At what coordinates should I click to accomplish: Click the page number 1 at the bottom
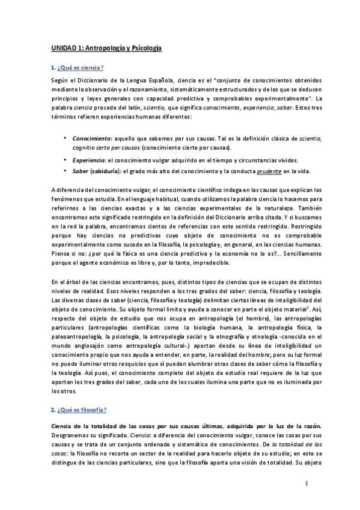305,484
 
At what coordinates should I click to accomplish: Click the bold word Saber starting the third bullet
80,171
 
